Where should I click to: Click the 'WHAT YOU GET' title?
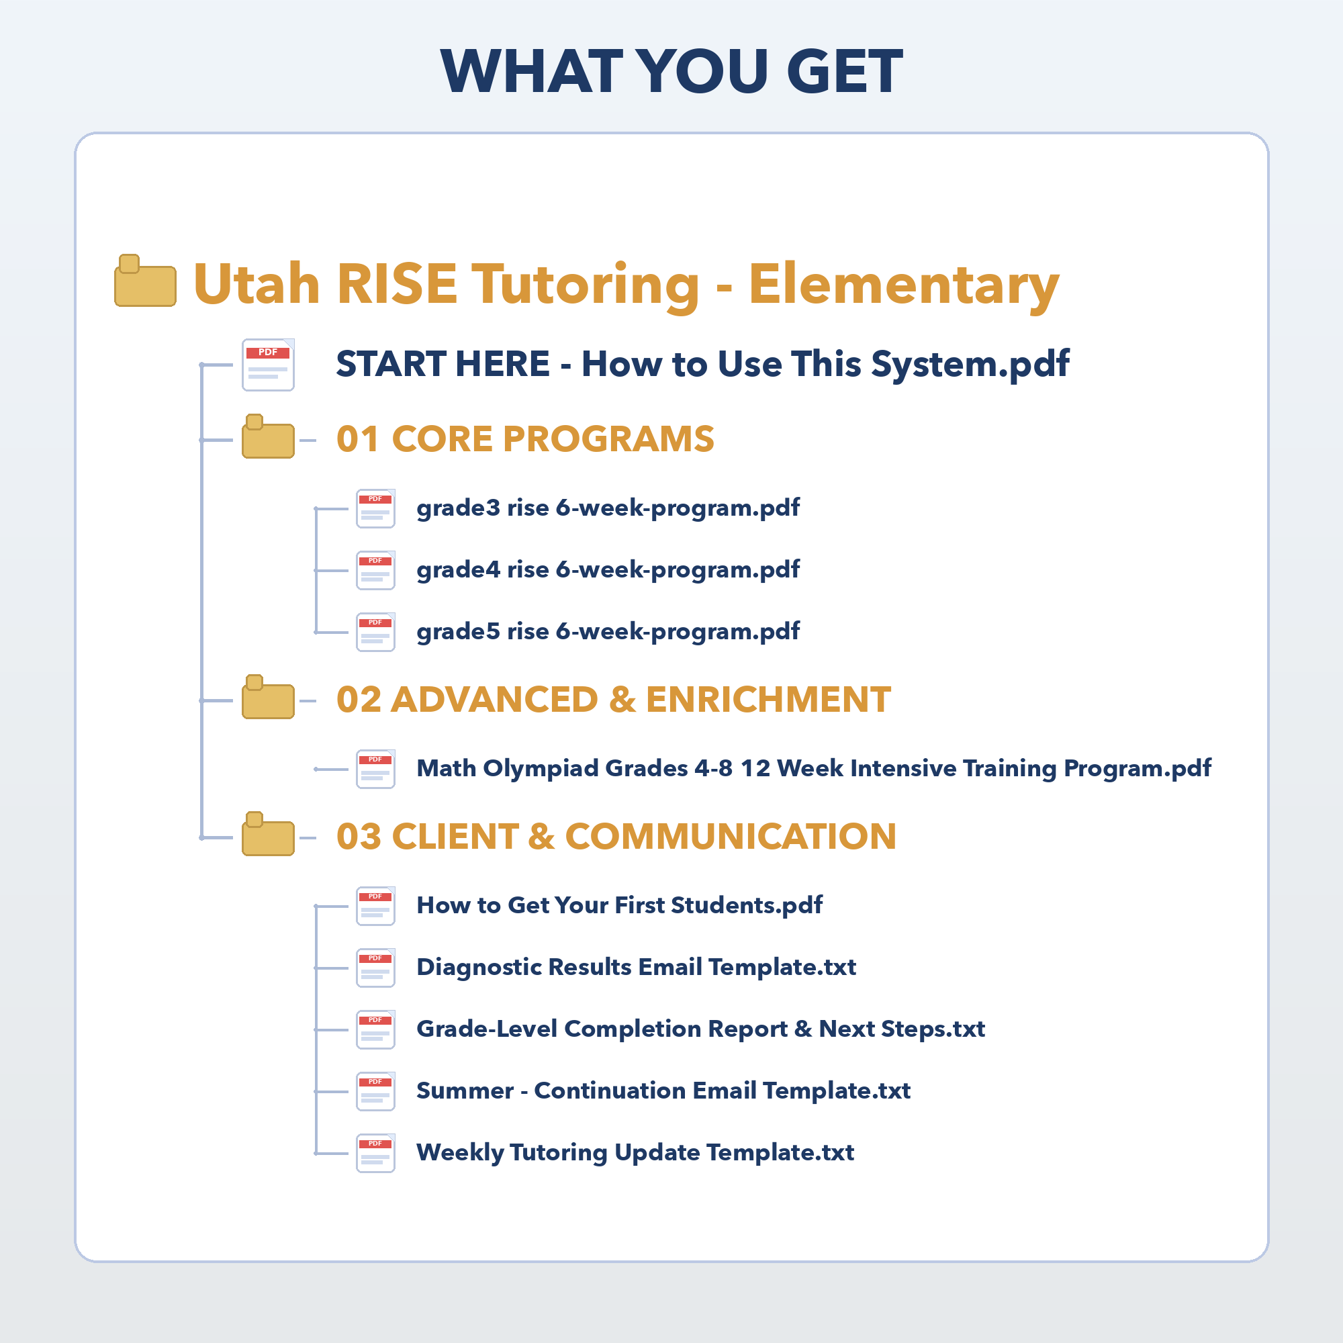(671, 71)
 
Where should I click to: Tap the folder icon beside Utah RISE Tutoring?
(145, 281)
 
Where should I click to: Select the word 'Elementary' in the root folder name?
(904, 285)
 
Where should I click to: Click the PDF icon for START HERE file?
(269, 365)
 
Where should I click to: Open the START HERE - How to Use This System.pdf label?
(703, 364)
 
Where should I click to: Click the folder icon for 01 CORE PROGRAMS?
(269, 436)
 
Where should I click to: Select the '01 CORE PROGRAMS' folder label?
(526, 438)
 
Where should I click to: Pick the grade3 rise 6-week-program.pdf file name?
(608, 508)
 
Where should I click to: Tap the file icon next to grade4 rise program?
(376, 571)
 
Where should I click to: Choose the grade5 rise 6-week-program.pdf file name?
(608, 632)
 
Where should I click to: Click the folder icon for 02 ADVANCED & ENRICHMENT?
(269, 696)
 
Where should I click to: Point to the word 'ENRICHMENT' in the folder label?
(769, 699)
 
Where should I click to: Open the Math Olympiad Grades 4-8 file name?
(814, 769)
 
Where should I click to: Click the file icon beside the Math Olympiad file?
(376, 770)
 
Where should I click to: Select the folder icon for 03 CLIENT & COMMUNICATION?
(269, 833)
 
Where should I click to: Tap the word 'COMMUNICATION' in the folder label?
(731, 836)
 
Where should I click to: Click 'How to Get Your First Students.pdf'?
(619, 906)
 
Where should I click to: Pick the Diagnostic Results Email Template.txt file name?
(636, 968)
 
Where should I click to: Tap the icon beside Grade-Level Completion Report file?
(376, 1029)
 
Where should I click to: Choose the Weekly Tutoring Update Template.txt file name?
(635, 1153)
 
